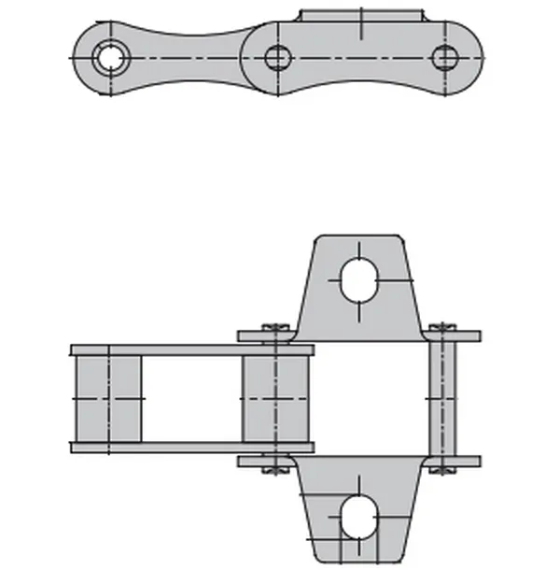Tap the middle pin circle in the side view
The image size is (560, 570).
pyautogui.click(x=277, y=58)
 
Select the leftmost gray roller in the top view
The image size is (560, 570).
pyautogui.click(x=108, y=399)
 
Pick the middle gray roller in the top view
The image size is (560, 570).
pyautogui.click(x=275, y=399)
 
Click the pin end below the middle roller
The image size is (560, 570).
pyautogui.click(x=275, y=463)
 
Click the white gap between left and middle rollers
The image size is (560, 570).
pyautogui.click(x=191, y=399)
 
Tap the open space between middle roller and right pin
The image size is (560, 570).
pyautogui.click(x=369, y=399)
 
